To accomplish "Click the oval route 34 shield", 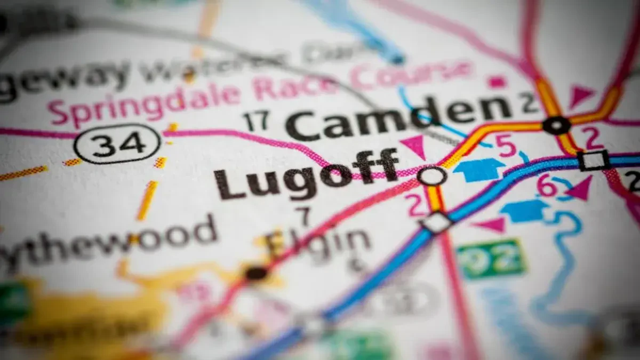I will [x=117, y=143].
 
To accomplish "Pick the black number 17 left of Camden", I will [x=255, y=122].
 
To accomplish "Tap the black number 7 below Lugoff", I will [x=305, y=217].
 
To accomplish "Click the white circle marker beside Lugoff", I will [x=432, y=175].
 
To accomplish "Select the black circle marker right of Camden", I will [x=556, y=125].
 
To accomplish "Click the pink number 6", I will [x=547, y=185].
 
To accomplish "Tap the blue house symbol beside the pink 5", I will [x=478, y=170].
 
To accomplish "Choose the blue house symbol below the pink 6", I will [x=525, y=211].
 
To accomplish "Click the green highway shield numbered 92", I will [x=491, y=259].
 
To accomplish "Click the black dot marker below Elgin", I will [x=256, y=273].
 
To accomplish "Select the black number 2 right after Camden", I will [x=530, y=103].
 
